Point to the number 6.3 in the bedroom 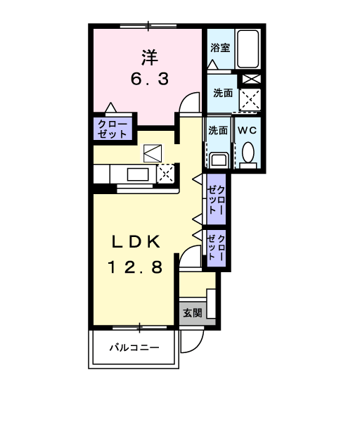tap(148, 79)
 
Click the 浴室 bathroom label tap(220, 48)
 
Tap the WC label tap(247, 130)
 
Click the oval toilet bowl tap(247, 152)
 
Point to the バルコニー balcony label tap(134, 347)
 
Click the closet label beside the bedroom tap(112, 129)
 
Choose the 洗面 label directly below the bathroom tap(223, 92)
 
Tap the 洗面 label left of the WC tap(218, 130)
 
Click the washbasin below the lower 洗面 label tap(218, 158)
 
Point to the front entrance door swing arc tap(188, 343)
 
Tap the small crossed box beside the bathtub tap(251, 79)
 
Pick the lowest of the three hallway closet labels tap(216, 247)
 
